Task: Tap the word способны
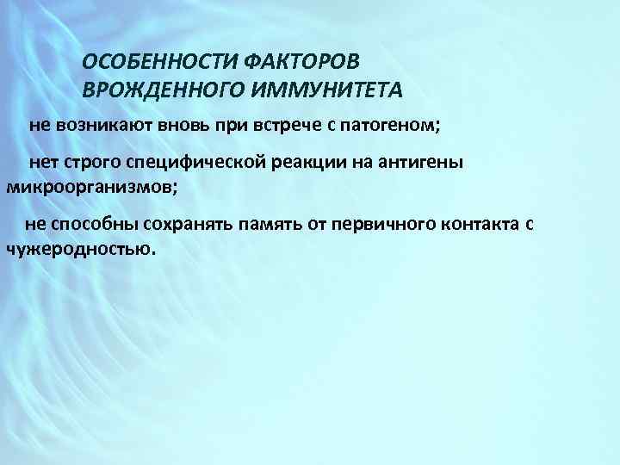point(92,226)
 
